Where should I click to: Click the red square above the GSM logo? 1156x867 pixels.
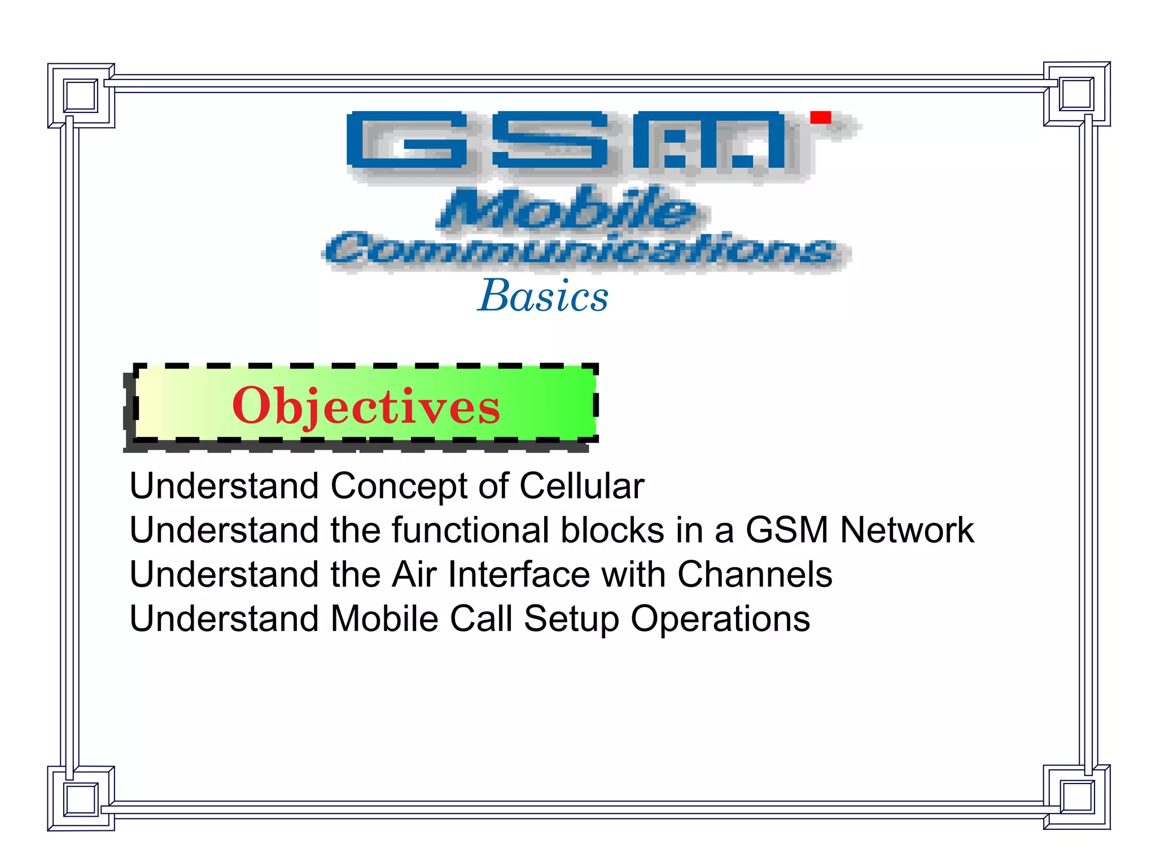point(820,117)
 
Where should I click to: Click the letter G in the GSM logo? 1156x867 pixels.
point(406,140)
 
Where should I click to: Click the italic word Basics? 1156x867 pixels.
point(543,296)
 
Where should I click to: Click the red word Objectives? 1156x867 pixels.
point(366,406)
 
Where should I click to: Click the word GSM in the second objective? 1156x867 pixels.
point(786,530)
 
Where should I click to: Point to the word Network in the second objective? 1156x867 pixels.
point(907,530)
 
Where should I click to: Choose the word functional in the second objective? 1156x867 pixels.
point(471,530)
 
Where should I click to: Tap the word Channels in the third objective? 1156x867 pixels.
point(754,575)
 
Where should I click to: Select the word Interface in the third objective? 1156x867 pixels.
point(519,575)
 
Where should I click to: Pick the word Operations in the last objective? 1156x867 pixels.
point(720,619)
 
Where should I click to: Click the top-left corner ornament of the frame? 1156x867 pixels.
point(81,95)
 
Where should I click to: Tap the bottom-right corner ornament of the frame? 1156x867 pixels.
point(1077,797)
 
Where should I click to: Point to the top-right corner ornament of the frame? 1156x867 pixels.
point(1077,94)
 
